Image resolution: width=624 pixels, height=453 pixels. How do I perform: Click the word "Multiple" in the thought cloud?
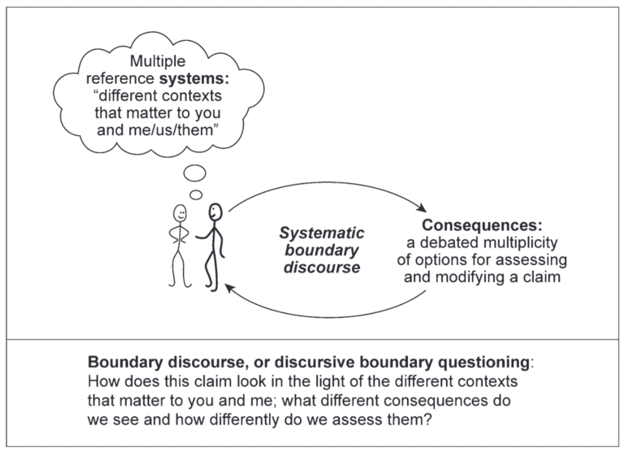point(158,62)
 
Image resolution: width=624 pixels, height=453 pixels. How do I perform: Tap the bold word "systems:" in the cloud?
point(192,79)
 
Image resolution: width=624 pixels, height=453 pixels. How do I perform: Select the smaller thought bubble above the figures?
point(196,195)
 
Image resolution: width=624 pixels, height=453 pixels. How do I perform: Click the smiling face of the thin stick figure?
point(179,213)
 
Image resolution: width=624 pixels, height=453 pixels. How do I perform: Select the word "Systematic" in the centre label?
point(322,232)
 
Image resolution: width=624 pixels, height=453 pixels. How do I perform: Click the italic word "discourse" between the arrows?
point(322,268)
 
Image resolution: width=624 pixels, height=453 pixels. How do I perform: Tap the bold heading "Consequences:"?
point(482,225)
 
